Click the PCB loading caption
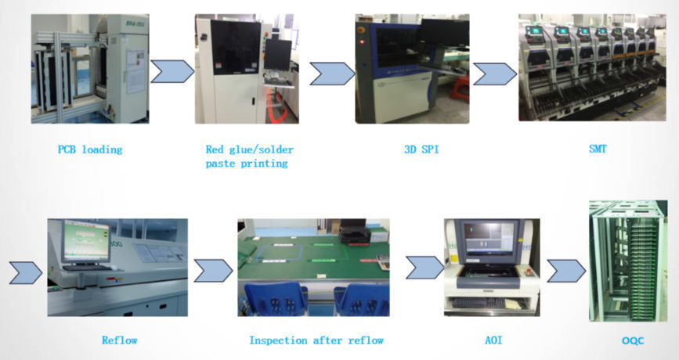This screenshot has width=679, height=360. tap(90, 149)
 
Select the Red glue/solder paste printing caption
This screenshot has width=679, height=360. tap(250, 156)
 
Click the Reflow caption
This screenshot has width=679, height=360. tap(119, 340)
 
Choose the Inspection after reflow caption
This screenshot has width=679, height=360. tap(316, 340)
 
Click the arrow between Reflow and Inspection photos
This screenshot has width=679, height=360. tap(212, 271)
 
